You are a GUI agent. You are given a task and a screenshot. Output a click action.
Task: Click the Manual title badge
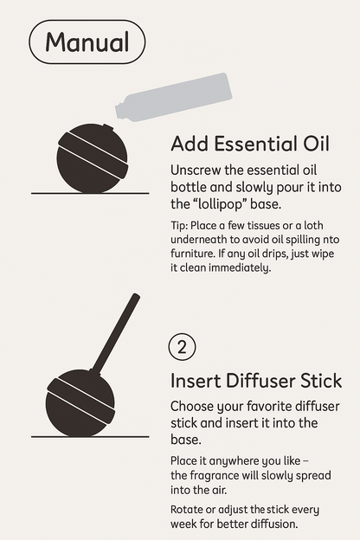click(87, 42)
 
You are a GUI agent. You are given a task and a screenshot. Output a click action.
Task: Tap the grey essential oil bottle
click(174, 97)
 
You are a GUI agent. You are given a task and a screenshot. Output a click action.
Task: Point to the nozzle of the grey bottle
click(120, 112)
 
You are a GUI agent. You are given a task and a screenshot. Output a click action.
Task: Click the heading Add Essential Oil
click(250, 144)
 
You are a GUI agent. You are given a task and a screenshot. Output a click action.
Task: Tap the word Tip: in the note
click(179, 226)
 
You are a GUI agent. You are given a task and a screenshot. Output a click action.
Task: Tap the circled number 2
click(182, 347)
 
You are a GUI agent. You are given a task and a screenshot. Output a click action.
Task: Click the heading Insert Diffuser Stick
click(256, 381)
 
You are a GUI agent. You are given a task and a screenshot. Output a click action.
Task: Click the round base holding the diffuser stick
click(80, 403)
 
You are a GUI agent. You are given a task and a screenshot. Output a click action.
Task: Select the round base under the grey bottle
click(93, 158)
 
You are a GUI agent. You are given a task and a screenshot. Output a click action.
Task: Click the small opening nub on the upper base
click(108, 128)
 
